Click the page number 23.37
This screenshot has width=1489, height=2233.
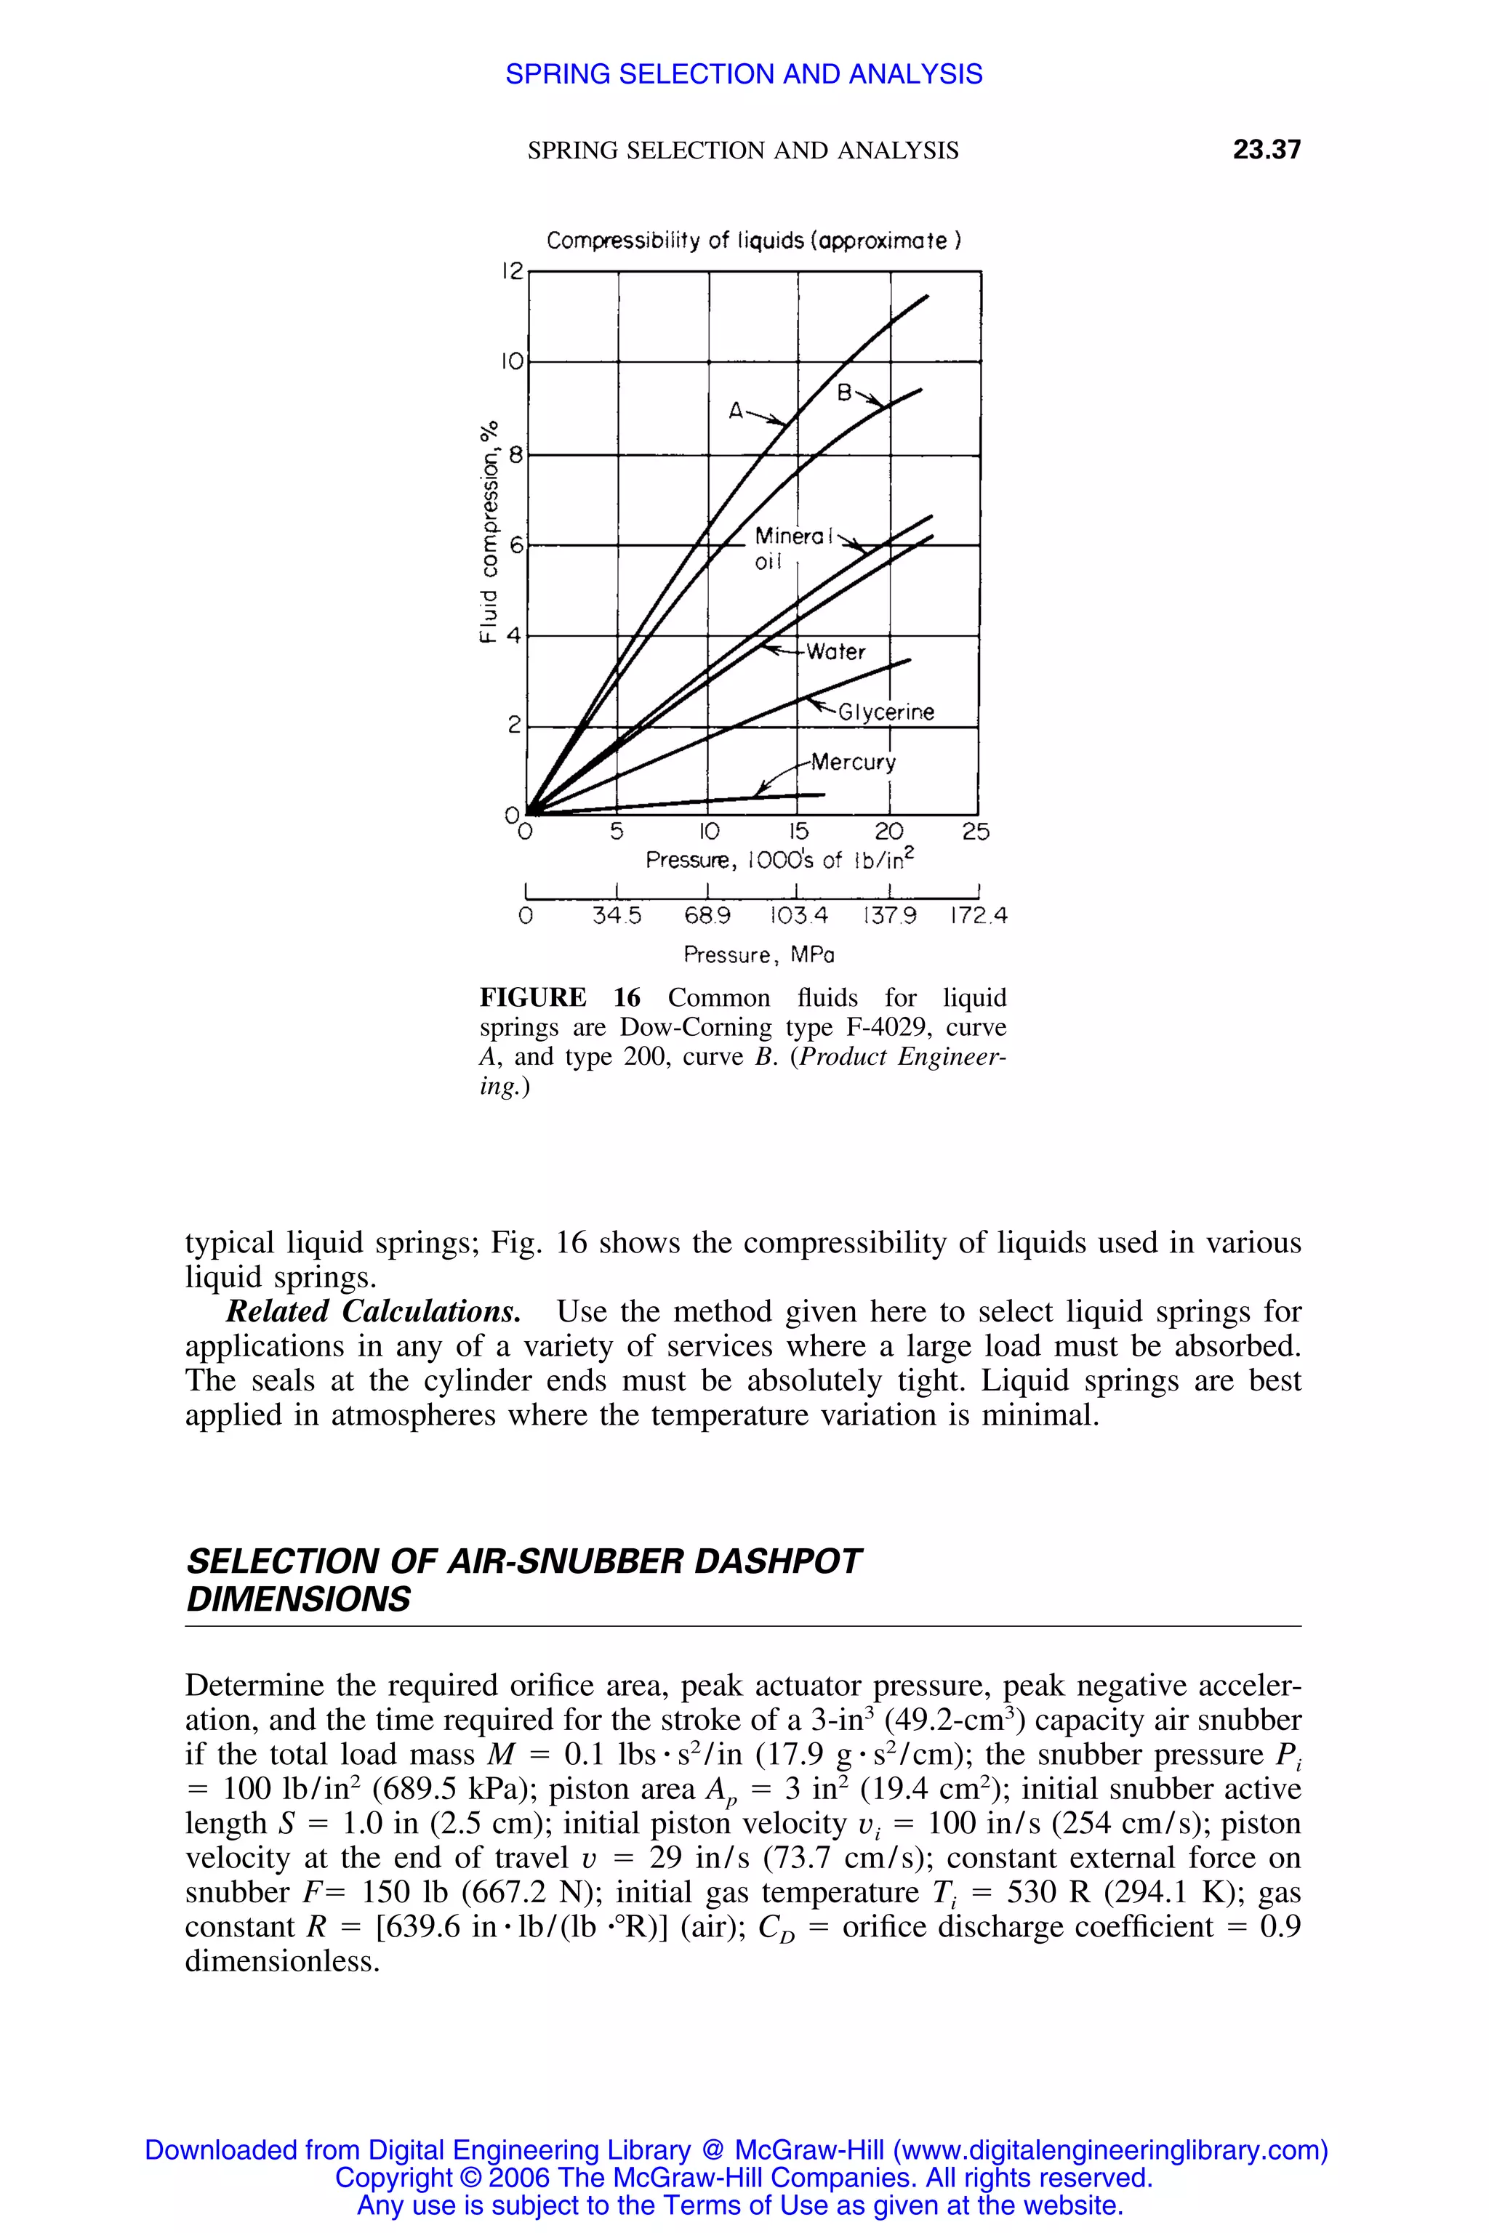pos(1266,149)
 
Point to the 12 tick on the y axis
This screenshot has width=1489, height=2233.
pos(512,272)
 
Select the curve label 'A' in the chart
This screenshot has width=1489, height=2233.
pos(736,411)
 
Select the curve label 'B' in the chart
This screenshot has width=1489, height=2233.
pos(844,392)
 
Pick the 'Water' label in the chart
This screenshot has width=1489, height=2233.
pos(835,651)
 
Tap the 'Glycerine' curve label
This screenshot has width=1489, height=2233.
pos(886,712)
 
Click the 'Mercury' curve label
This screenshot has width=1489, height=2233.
pos(853,763)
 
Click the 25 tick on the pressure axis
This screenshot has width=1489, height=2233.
pos(975,832)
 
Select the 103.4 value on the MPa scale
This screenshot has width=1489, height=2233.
pos(798,915)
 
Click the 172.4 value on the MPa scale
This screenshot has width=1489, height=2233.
pos(978,915)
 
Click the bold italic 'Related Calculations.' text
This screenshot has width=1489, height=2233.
pos(373,1311)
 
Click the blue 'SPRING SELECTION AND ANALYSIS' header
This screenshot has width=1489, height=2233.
pos(744,74)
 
